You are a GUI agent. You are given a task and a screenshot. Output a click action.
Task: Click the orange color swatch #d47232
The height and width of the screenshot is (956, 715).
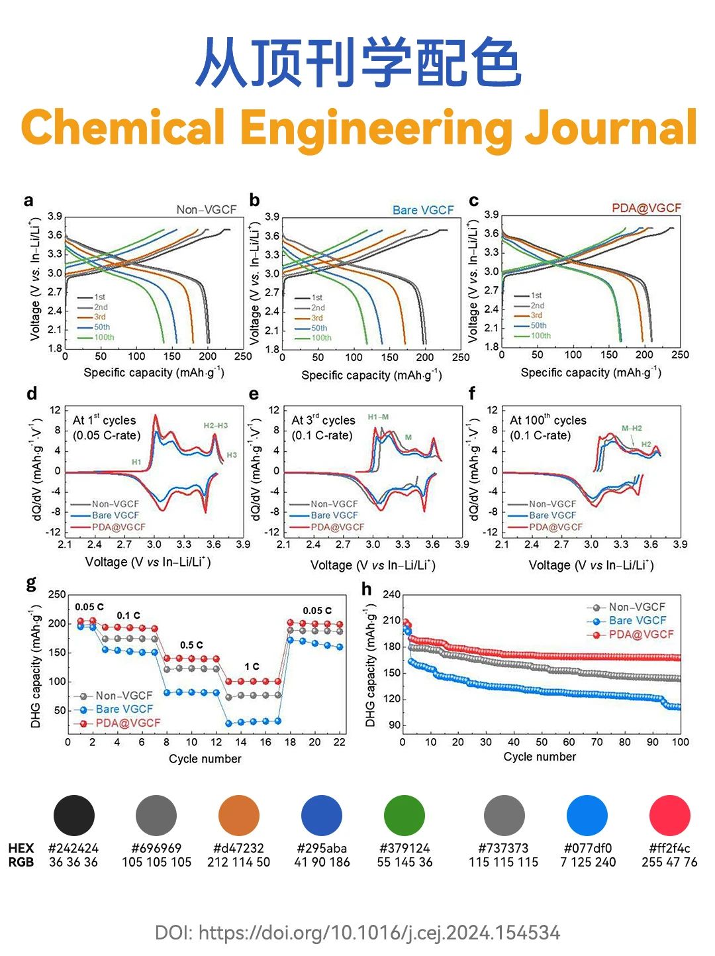[238, 816]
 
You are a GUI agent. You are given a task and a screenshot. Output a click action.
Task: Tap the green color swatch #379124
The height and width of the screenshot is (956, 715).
[405, 816]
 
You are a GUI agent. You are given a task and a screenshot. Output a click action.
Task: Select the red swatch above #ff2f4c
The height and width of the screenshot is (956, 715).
[669, 816]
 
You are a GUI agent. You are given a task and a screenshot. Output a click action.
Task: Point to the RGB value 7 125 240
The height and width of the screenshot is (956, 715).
[588, 862]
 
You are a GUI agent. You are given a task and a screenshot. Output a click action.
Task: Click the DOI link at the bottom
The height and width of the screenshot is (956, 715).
[358, 933]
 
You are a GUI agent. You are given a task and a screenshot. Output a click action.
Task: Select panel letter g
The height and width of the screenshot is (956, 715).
[31, 583]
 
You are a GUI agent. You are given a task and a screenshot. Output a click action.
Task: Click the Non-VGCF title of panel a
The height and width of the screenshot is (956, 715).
[206, 210]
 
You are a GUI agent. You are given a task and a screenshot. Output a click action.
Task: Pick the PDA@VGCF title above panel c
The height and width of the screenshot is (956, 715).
[646, 208]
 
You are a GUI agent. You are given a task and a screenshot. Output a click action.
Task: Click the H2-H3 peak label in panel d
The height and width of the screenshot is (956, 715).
[215, 425]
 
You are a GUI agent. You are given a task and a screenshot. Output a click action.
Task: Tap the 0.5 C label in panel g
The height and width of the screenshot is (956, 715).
[191, 645]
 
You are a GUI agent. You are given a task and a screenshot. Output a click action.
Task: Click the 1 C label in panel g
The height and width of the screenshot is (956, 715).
[252, 666]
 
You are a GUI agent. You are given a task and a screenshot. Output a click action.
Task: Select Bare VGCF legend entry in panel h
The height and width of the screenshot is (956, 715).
[637, 621]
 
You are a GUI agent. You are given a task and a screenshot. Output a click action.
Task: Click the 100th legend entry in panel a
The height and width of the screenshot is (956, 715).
[104, 337]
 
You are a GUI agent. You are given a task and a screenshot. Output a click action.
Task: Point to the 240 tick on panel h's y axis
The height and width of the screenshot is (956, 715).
[392, 594]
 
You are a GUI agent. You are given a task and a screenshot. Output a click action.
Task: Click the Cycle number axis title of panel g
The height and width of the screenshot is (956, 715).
[205, 759]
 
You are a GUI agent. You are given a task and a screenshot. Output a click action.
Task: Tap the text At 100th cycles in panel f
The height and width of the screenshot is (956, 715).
[548, 420]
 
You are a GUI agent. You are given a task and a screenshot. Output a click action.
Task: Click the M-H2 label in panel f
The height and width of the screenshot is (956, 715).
[632, 428]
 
